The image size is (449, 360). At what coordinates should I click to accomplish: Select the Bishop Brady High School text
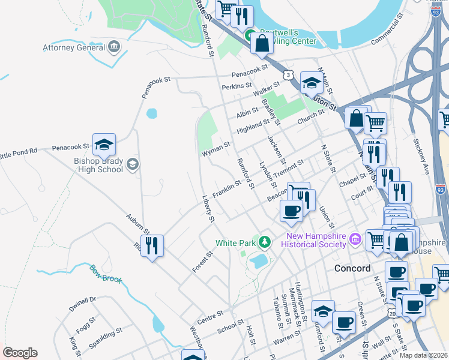click(x=98, y=165)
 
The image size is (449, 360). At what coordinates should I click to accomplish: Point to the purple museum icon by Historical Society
click(x=355, y=239)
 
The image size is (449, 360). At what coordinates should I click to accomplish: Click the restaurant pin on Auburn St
click(x=152, y=245)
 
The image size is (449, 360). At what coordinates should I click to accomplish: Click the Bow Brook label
click(x=106, y=274)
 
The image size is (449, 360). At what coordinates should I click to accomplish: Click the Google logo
click(x=20, y=352)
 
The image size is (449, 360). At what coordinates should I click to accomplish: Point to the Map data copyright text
click(x=424, y=355)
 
